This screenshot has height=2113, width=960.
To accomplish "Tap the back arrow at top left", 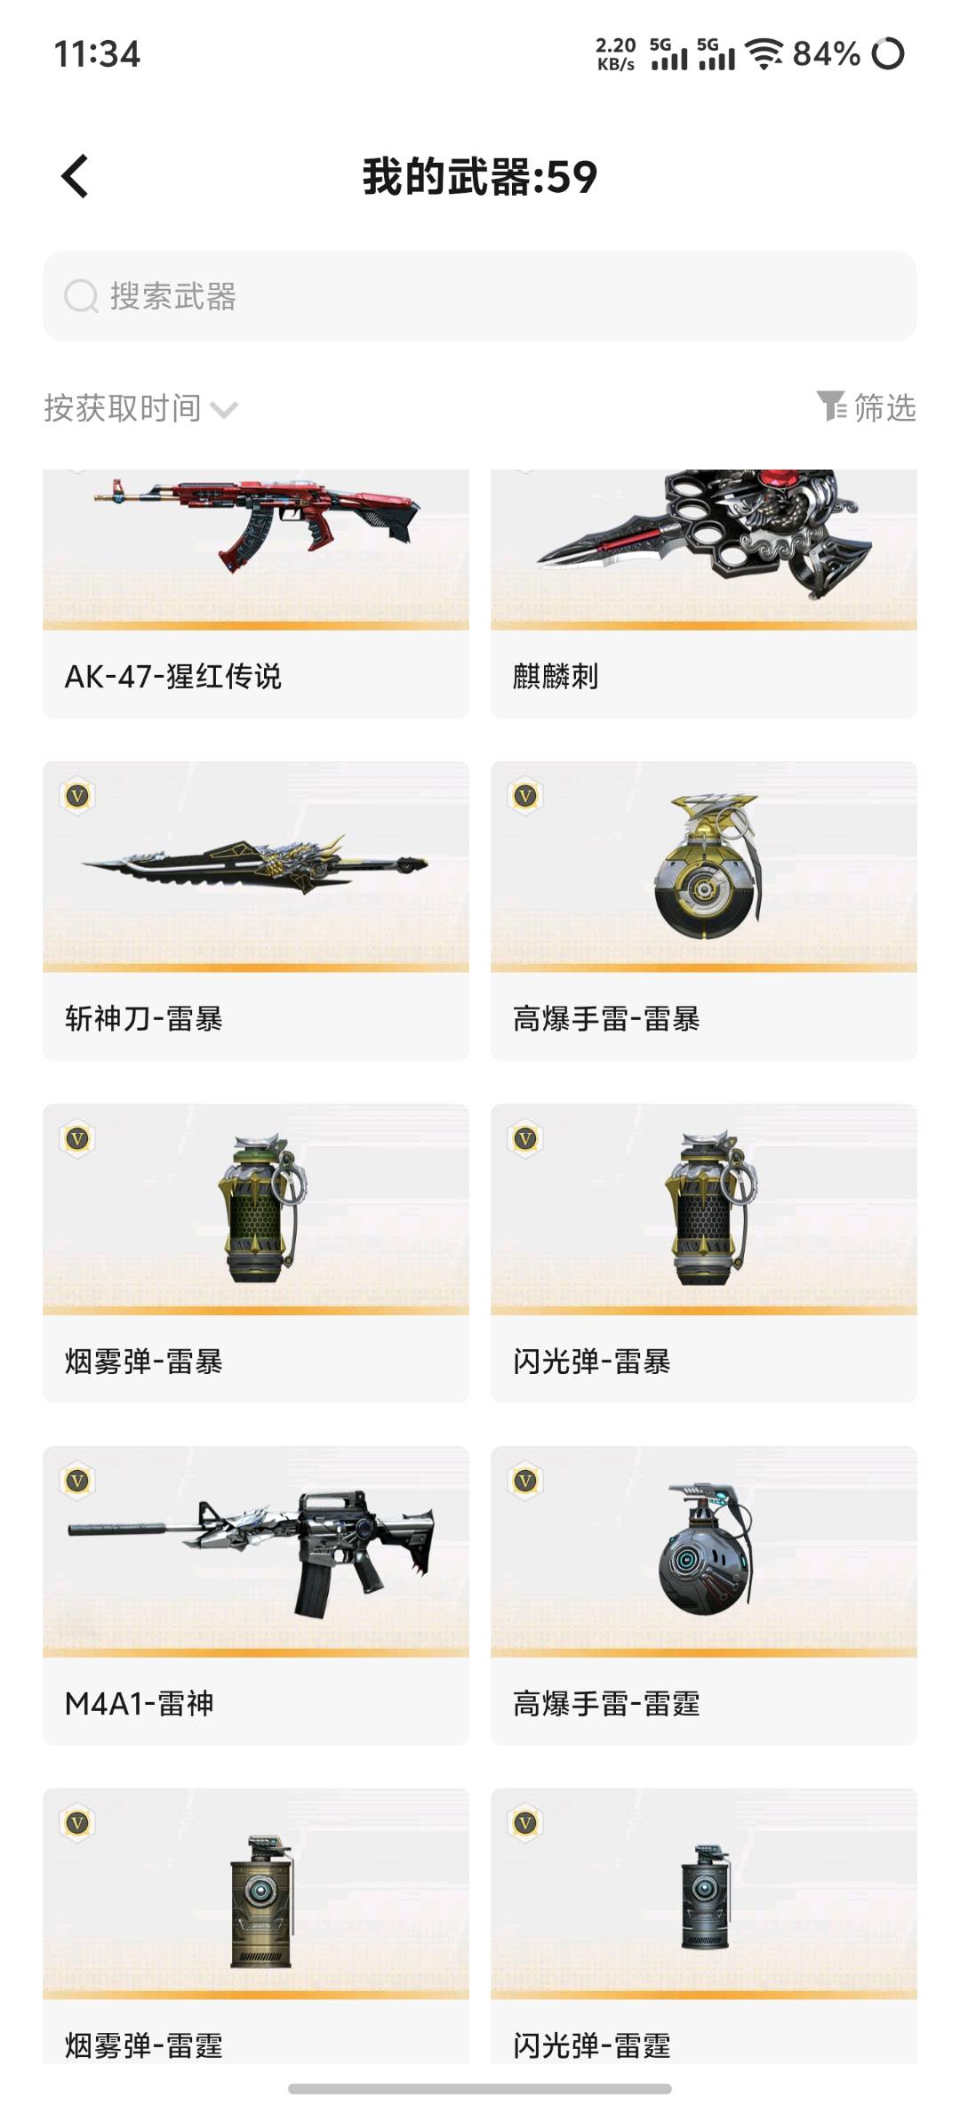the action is (x=75, y=176).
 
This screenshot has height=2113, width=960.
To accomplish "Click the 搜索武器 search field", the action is (x=480, y=296).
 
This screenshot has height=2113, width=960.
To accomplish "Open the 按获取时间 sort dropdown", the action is (x=140, y=408).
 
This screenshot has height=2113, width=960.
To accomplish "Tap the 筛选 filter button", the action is (x=867, y=407).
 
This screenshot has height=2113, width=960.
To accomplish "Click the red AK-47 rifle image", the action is (x=258, y=524).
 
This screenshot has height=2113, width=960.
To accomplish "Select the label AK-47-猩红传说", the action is (x=173, y=677).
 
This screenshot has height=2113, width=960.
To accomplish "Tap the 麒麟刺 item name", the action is (x=556, y=677).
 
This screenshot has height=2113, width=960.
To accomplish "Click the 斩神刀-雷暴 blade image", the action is (x=254, y=863).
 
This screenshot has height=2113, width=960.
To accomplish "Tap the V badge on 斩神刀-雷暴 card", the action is (x=78, y=796).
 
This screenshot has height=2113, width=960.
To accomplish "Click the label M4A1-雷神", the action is (x=140, y=1703).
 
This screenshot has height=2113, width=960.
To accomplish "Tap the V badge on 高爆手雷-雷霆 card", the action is (x=526, y=1481).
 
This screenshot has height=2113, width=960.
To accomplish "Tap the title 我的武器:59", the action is (x=480, y=176).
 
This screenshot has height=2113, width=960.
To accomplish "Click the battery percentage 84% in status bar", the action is (x=827, y=54).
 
